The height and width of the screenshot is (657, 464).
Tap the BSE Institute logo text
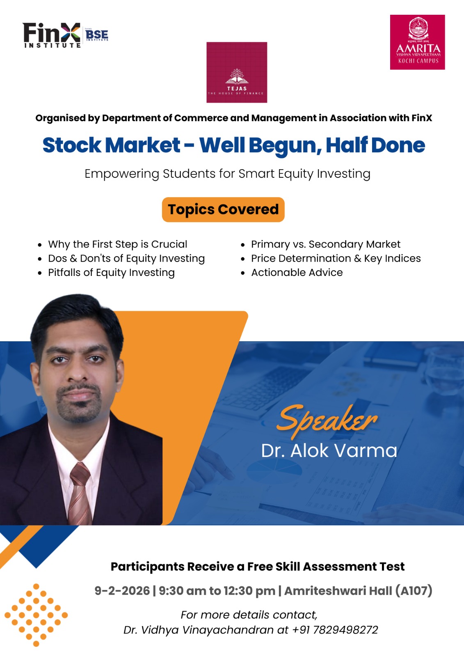click(x=97, y=35)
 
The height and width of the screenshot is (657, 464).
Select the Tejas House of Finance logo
click(x=237, y=72)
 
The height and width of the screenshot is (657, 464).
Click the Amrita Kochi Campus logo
click(x=417, y=42)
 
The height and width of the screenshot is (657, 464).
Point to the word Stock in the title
click(x=71, y=145)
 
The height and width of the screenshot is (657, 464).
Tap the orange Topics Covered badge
click(x=223, y=209)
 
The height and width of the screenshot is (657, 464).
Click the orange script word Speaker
click(x=327, y=420)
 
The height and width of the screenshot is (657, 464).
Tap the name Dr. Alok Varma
click(x=329, y=450)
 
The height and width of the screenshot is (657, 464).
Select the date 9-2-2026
click(x=122, y=591)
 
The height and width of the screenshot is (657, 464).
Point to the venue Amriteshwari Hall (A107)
click(x=358, y=591)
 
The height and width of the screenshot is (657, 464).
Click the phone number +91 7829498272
click(x=335, y=630)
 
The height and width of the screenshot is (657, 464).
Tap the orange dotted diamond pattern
click(x=36, y=615)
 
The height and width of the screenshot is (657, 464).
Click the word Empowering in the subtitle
click(x=122, y=174)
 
